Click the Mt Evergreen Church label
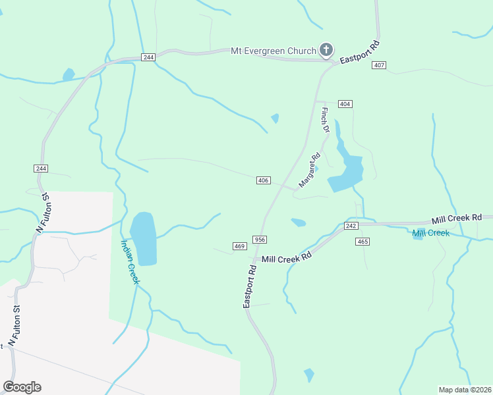coord(273,50)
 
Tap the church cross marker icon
coord(326,49)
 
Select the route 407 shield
coord(378,65)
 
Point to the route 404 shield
coord(345,104)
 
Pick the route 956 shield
coord(259,240)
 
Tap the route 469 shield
coord(239,246)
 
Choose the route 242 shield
coord(351,226)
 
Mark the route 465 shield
coord(362,242)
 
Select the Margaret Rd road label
coord(308,170)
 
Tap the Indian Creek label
coord(130,261)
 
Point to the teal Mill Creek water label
coord(431,233)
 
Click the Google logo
coord(22,387)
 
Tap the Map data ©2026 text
coord(465,390)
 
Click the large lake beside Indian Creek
coord(144,238)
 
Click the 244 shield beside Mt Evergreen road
coord(148,57)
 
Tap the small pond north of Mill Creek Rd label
coord(298,223)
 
